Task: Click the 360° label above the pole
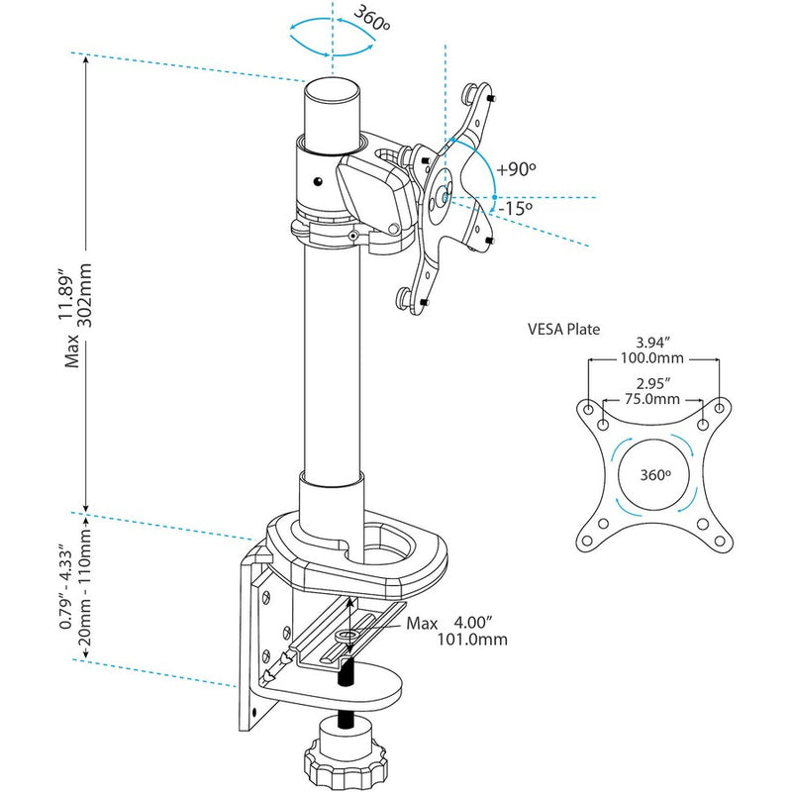point(354,19)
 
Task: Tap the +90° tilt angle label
point(516,168)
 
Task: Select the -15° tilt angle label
point(516,209)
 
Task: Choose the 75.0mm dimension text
point(654,399)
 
